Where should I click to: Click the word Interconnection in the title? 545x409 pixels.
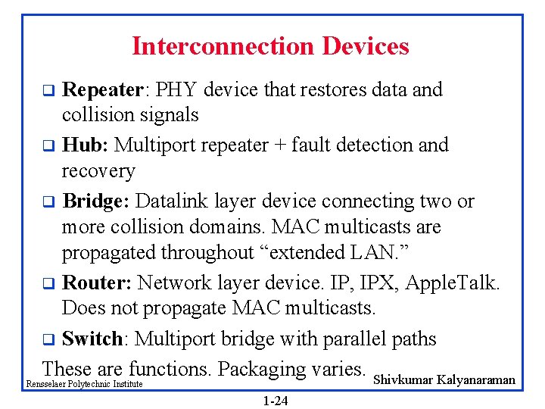pos(224,46)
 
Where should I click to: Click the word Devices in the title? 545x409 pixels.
pos(366,46)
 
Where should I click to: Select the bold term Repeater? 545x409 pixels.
pos(102,90)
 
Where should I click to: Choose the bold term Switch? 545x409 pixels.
pos(92,339)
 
